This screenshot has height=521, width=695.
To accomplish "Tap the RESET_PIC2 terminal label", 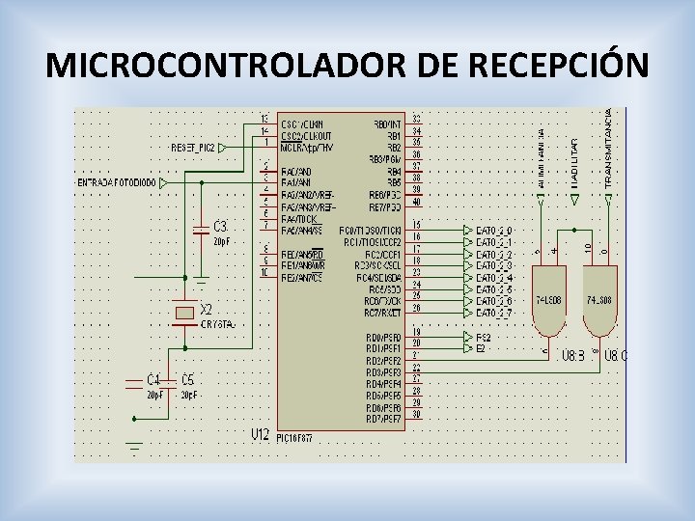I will point(193,148).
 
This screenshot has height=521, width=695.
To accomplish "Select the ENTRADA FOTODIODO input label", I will point(116,182).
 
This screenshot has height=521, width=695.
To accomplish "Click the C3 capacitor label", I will point(220,225).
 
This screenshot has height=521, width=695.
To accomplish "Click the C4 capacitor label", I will point(153,379).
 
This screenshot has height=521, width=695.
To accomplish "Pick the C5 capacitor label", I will point(187,379).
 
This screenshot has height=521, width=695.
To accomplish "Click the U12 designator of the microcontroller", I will point(260,435).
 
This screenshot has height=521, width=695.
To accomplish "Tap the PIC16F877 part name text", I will point(295,437).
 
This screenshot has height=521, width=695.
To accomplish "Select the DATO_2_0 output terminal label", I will point(493,231).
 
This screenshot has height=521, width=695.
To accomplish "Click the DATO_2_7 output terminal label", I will point(493,313).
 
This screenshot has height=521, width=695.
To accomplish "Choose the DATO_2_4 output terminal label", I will point(493,278).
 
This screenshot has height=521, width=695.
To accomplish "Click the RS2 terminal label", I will point(483,338).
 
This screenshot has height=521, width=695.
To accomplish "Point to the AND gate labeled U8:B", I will point(549,309).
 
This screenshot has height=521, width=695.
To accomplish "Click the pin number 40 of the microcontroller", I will point(416,202).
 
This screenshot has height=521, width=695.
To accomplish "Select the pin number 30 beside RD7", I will point(416,415).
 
